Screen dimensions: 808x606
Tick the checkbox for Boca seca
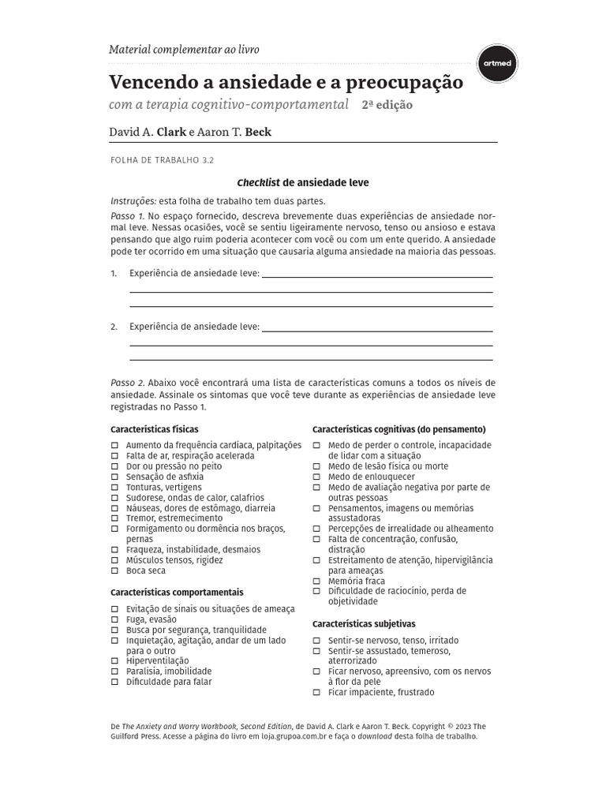click(x=114, y=570)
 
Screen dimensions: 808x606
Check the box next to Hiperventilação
click(x=114, y=660)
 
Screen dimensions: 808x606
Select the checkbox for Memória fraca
click(x=316, y=581)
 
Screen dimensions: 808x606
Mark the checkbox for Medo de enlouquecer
click(x=316, y=477)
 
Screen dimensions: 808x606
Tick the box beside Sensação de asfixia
click(x=114, y=477)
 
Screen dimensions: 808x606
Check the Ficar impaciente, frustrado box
click(x=316, y=692)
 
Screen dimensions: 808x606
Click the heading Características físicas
click(x=154, y=429)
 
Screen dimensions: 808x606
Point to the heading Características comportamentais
click(x=177, y=592)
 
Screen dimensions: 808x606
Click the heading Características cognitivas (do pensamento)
click(x=398, y=429)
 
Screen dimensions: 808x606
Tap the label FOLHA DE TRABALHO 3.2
click(x=162, y=160)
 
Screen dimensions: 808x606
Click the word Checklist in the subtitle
click(x=258, y=182)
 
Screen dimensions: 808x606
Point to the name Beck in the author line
click(x=258, y=132)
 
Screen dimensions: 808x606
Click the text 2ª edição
click(x=387, y=105)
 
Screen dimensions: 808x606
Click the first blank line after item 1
click(x=376, y=277)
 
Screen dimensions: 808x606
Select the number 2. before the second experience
click(x=114, y=327)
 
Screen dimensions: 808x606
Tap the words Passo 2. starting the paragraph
click(x=127, y=382)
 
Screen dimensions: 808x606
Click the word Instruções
click(x=133, y=201)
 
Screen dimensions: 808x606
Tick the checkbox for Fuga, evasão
click(x=114, y=619)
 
